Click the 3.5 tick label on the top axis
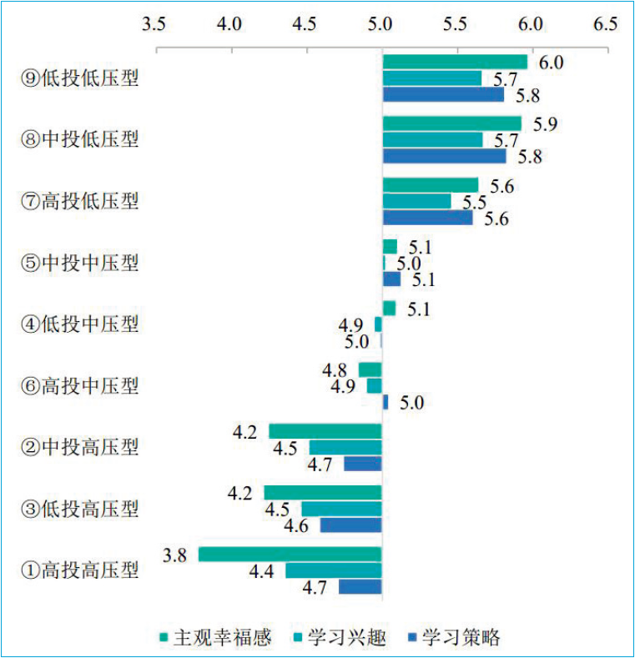coord(154,24)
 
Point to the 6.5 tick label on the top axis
coord(605,24)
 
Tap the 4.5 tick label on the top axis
coord(305,24)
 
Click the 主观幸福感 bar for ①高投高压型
coord(290,555)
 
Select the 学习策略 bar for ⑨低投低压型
coord(443,94)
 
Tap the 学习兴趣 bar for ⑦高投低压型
coord(416,201)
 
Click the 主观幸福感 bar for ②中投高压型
coord(325,431)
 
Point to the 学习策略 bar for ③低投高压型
coord(350,525)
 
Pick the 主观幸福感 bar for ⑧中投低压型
coord(451,123)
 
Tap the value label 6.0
coord(550,63)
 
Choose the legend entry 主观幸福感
coord(215,637)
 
